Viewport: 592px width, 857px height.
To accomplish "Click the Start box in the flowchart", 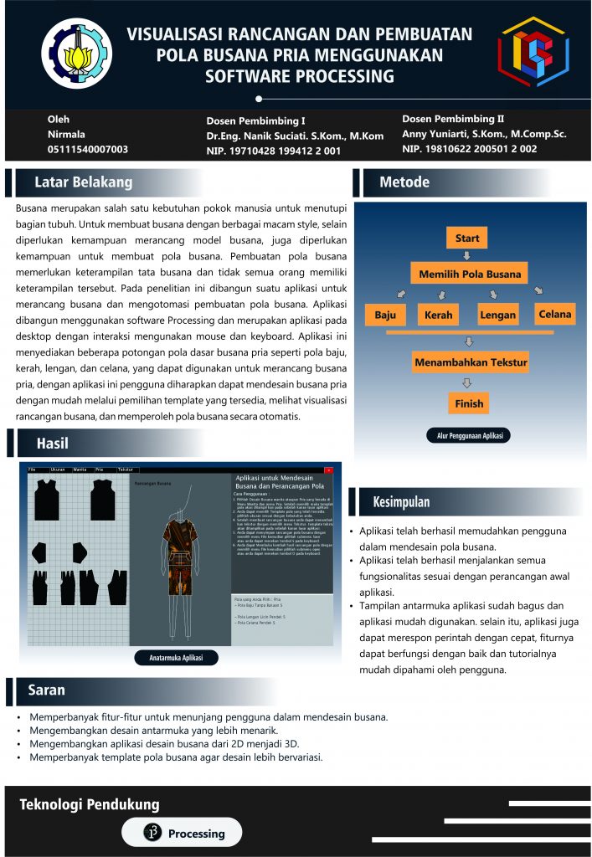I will click(x=467, y=239).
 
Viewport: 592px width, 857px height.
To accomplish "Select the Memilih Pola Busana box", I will click(x=470, y=274).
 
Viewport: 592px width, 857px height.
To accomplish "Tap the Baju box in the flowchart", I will click(x=385, y=316).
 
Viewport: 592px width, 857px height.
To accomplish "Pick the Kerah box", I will click(x=438, y=316).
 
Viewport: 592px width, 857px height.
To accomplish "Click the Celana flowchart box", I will click(x=554, y=314).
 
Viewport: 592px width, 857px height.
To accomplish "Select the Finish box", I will click(x=469, y=403).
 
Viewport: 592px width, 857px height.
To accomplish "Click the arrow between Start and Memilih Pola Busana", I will click(x=467, y=255).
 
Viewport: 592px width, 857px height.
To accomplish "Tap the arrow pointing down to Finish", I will click(x=469, y=383).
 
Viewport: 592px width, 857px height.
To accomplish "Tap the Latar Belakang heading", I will click(x=83, y=182).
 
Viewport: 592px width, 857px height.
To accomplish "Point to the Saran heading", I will click(x=47, y=690).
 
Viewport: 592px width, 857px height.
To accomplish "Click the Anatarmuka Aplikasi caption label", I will click(x=177, y=658).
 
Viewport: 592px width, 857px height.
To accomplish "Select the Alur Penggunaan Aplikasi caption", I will click(x=469, y=437).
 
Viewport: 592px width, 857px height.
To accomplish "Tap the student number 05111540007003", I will click(x=88, y=149).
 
